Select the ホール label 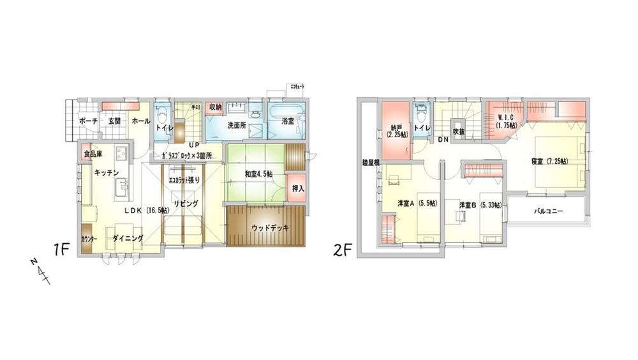[141, 121]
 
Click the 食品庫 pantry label [91, 154]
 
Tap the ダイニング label [127, 239]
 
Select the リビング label [184, 204]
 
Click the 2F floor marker [342, 250]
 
